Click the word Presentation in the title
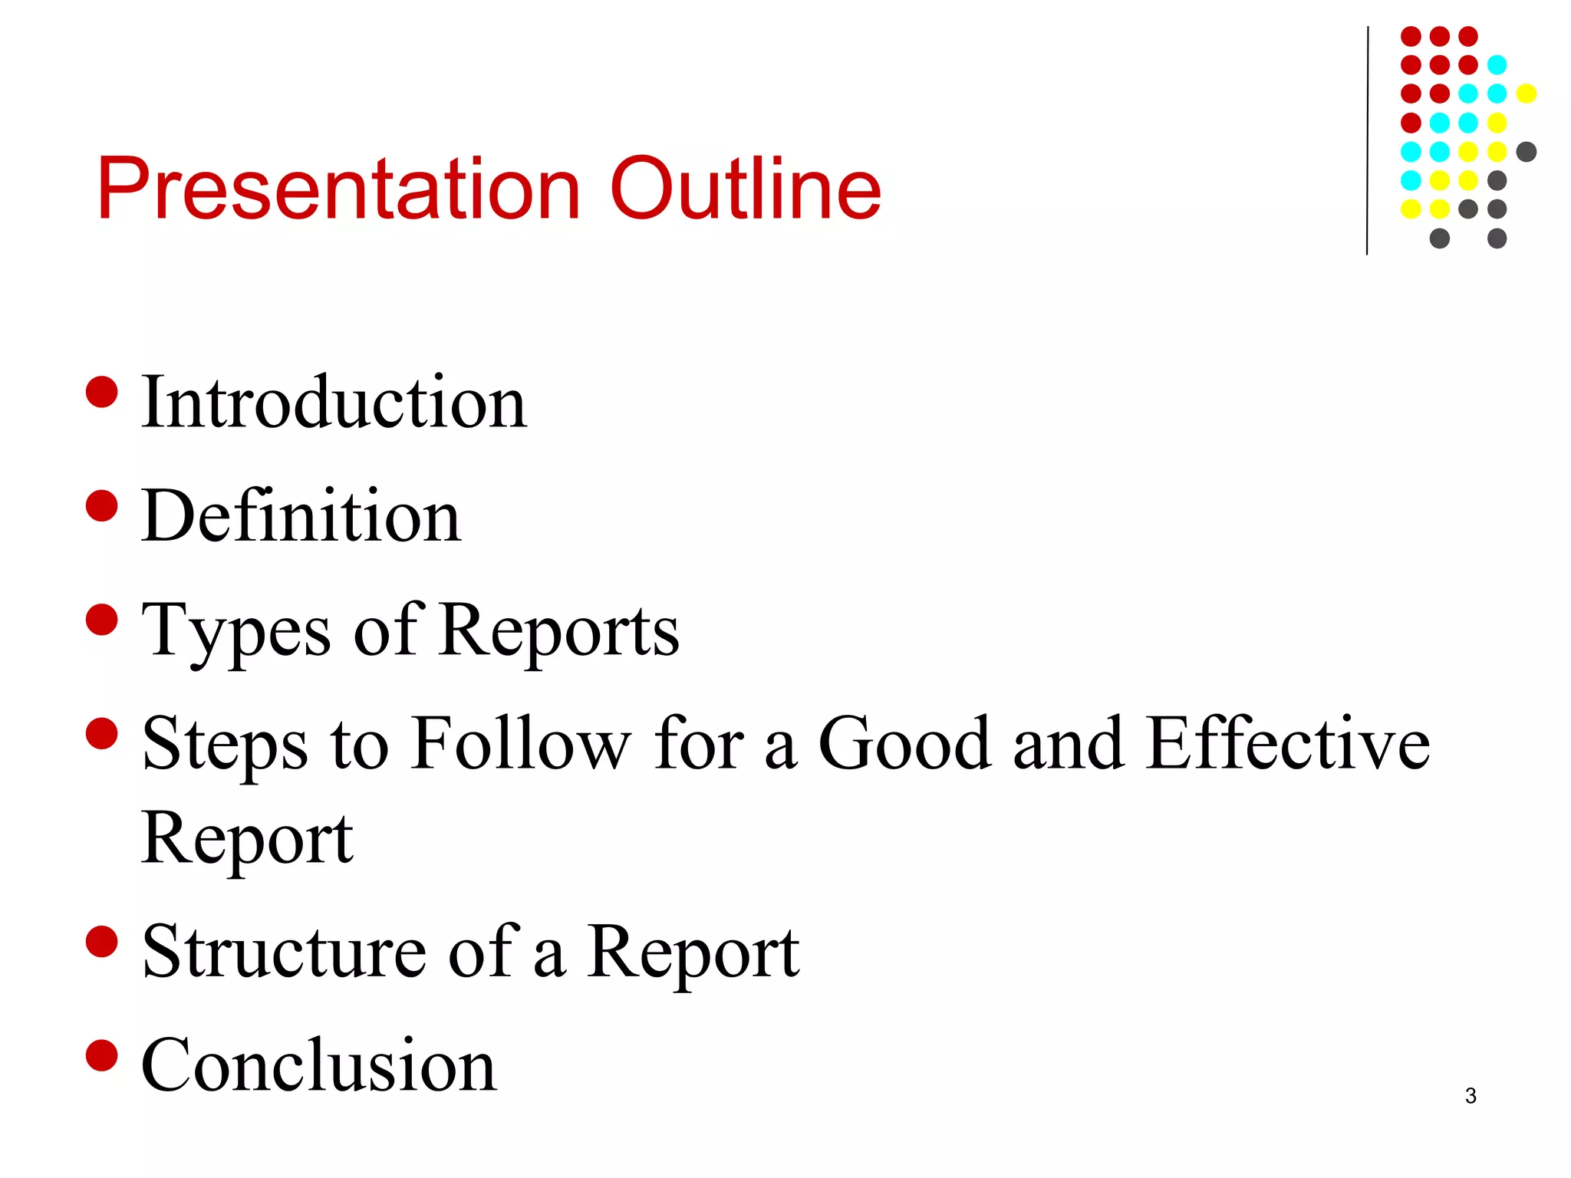338,189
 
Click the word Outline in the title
745,189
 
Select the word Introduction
334,402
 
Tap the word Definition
301,516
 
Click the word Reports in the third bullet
560,630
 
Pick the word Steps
225,745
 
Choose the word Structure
284,952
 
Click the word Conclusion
319,1065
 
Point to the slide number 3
1471,1096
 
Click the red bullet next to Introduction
102,392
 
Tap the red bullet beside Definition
102,506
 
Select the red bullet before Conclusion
102,1055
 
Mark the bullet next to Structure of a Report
102,942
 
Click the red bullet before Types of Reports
102,620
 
